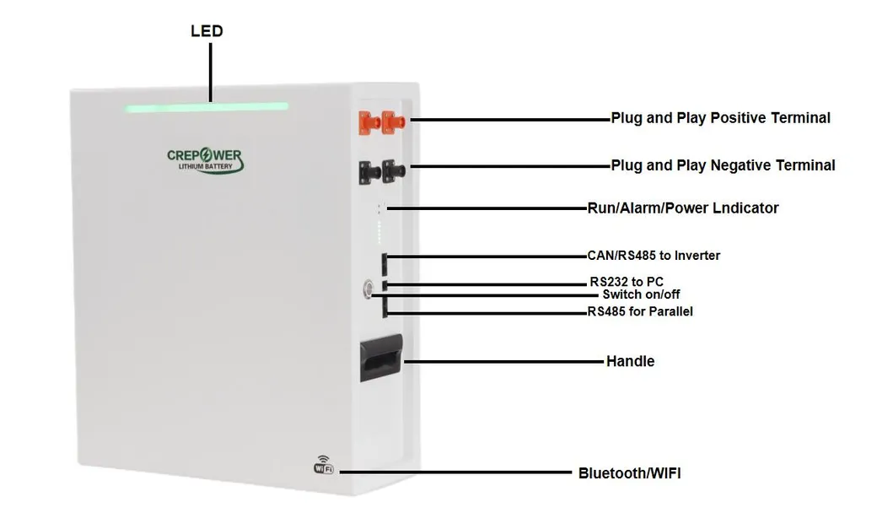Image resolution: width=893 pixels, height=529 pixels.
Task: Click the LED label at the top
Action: [x=207, y=31]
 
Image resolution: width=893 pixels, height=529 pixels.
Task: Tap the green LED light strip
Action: [x=207, y=107]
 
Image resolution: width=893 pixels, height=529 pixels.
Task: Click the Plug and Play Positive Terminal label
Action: [x=720, y=118]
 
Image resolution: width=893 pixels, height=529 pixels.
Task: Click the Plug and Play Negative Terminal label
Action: [x=723, y=165]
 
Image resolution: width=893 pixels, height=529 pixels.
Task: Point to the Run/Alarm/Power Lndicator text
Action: [x=682, y=208]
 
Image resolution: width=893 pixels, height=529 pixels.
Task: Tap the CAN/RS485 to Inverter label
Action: [x=654, y=256]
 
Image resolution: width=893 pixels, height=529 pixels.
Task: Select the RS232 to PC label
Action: [x=632, y=282]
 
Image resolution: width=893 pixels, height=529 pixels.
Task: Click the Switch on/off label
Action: [x=641, y=294]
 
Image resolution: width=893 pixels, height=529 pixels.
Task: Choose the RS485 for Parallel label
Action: [x=641, y=311]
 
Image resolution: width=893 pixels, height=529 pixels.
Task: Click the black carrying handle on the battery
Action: [x=381, y=360]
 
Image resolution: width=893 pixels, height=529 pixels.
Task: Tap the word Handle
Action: [x=630, y=361]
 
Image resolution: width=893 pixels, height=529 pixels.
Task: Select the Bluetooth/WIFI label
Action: [x=629, y=473]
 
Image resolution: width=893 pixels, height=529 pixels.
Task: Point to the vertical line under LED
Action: [x=210, y=72]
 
